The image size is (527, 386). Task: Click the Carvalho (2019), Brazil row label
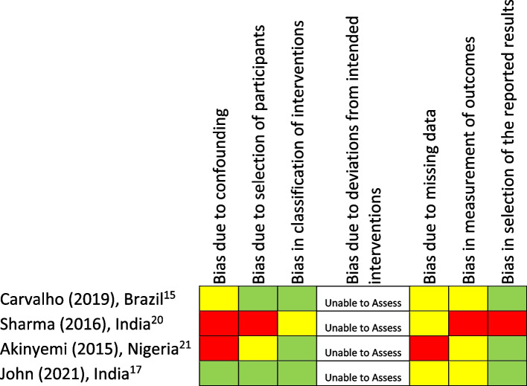point(95,301)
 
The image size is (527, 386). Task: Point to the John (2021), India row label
point(83,371)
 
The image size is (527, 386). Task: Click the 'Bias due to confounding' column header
point(220,186)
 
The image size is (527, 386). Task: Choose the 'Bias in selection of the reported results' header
point(510,141)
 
